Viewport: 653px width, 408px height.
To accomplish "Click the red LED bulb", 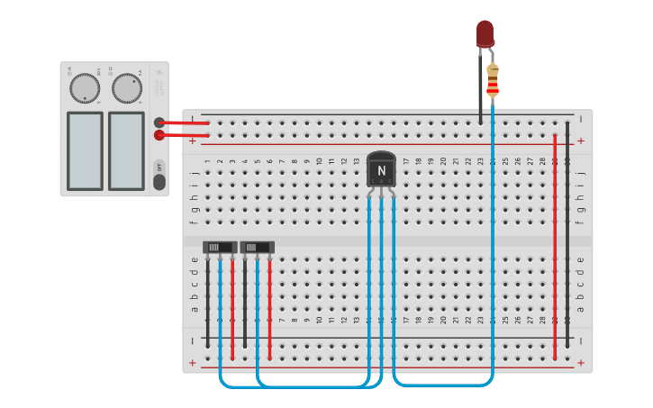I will click(x=485, y=33).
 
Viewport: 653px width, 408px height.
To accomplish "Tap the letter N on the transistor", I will click(x=382, y=170).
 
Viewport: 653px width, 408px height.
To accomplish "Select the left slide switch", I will click(x=220, y=247).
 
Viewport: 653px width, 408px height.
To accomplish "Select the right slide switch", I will click(x=258, y=247).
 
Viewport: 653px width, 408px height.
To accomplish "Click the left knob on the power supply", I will click(x=85, y=88).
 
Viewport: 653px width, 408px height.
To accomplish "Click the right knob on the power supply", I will click(x=127, y=88).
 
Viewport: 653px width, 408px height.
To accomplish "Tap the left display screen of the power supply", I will click(x=85, y=150).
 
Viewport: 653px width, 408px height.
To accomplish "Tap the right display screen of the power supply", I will click(x=126, y=150).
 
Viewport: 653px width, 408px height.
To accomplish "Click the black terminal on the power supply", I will click(x=159, y=122).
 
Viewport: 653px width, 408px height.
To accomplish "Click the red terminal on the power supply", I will click(x=159, y=135).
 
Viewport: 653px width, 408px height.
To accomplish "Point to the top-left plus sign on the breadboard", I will click(x=192, y=141).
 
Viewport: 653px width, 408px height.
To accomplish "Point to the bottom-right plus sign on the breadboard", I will click(x=581, y=364).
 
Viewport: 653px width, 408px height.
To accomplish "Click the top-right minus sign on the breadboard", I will click(x=581, y=118).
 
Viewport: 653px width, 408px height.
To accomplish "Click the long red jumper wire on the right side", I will click(x=555, y=243).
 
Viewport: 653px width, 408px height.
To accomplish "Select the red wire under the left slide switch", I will click(x=232, y=306).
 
